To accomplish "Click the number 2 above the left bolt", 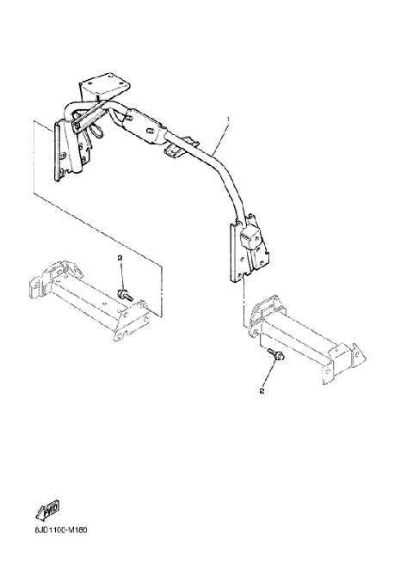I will coord(120,258).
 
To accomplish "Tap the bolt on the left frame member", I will coord(125,295).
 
